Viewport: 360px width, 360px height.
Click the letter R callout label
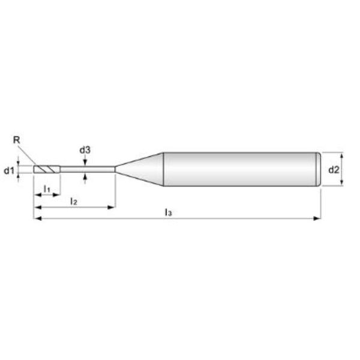[x=17, y=140]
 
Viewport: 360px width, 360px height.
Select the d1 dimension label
[x=9, y=170]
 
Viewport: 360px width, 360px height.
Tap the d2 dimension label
[x=334, y=170]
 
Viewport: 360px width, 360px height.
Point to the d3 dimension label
[x=85, y=150]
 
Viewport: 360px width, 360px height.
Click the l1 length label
[x=47, y=189]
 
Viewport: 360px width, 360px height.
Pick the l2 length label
[x=74, y=202]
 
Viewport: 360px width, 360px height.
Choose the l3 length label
[x=168, y=212]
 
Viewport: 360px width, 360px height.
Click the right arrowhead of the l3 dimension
[x=317, y=218]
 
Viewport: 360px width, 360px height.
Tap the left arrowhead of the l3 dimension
[x=38, y=218]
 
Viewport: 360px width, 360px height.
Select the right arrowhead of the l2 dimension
[x=111, y=208]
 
